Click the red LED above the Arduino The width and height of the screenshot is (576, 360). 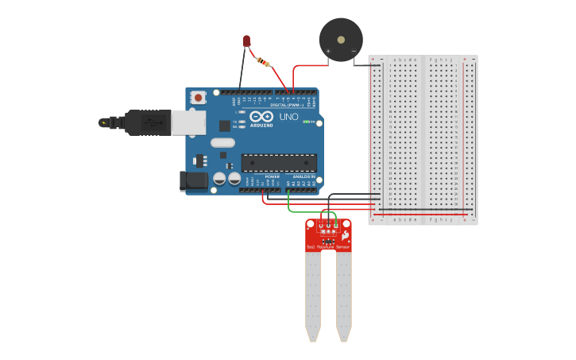247,41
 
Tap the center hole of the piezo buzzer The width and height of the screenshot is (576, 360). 341,38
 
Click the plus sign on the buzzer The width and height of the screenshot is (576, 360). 328,52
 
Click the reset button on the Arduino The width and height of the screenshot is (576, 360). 198,98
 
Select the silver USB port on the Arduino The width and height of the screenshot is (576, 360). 189,122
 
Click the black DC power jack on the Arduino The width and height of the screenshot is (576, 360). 194,180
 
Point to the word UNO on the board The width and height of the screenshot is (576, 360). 288,117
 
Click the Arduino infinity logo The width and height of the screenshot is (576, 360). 261,117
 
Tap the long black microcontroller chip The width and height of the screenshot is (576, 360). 279,163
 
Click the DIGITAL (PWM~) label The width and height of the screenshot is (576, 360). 288,105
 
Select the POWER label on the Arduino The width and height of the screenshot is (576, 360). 273,176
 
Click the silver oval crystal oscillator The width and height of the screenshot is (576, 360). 222,143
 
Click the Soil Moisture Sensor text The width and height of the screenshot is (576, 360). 328,247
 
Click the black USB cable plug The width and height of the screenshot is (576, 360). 147,122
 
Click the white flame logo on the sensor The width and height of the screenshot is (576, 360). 345,235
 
